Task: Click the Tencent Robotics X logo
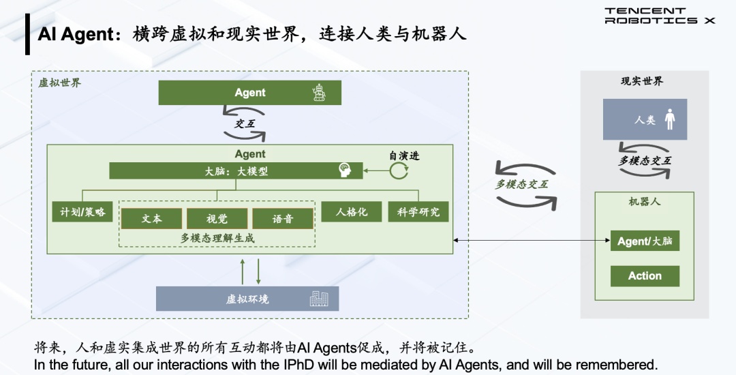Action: (660, 16)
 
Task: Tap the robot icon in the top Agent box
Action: (319, 93)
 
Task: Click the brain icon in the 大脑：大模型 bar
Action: (346, 170)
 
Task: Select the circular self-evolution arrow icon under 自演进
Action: (399, 171)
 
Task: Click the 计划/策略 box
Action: (82, 211)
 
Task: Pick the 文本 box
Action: (151, 218)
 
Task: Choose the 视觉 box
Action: (217, 218)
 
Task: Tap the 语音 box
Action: (283, 218)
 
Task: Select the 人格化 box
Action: (352, 211)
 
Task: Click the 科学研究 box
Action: (418, 211)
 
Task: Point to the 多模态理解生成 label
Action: (217, 238)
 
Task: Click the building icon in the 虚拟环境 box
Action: (319, 299)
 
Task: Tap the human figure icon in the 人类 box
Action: (670, 119)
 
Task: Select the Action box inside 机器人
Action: (645, 276)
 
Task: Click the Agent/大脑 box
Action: (645, 241)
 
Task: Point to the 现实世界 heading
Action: (642, 81)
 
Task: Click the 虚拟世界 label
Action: (59, 82)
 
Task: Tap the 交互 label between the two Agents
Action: (245, 123)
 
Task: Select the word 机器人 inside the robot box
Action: (645, 202)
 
